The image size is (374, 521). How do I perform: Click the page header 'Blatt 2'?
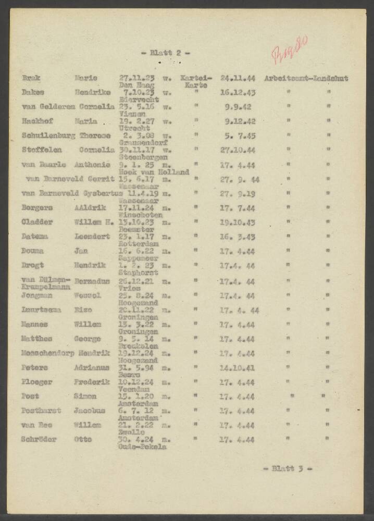(166, 53)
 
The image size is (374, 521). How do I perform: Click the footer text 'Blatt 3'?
(287, 468)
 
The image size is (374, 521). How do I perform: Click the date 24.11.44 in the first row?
(238, 79)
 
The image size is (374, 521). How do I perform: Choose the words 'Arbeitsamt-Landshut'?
(306, 79)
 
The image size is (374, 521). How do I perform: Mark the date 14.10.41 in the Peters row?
(238, 367)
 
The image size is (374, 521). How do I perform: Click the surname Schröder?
(39, 439)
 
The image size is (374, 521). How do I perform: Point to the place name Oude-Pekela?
(142, 446)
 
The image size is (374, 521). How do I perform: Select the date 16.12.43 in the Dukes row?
(238, 93)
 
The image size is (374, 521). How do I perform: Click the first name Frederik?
(94, 382)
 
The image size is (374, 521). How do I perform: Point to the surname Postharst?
(42, 411)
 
